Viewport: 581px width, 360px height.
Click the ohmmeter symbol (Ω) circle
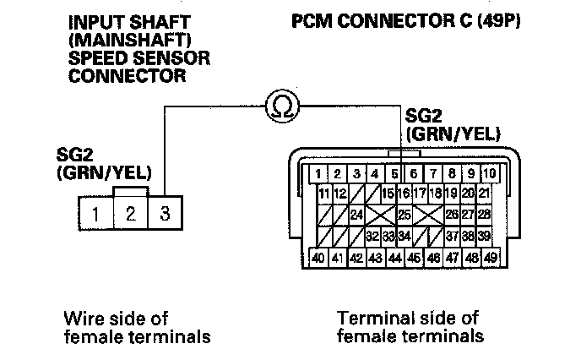(282, 106)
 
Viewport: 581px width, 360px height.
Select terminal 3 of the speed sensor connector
(166, 213)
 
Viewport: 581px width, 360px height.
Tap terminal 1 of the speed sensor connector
(95, 213)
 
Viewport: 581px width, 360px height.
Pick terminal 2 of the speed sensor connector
(131, 213)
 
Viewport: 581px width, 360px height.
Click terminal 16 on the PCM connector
(404, 194)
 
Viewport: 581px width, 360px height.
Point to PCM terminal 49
(491, 257)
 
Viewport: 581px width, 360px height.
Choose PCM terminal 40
(318, 257)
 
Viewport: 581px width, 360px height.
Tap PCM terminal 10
(490, 173)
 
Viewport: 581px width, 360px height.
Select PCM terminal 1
(318, 173)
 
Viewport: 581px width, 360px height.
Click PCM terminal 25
(405, 215)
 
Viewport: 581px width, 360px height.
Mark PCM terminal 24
(356, 215)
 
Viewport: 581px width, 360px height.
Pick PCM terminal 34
(405, 236)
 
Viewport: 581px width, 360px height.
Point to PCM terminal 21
(484, 194)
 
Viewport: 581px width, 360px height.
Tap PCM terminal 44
(395, 257)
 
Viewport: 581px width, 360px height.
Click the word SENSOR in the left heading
(171, 57)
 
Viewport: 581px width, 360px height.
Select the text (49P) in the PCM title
(499, 21)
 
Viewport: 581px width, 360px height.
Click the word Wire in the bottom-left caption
(82, 318)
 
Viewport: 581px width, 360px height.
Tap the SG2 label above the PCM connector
(424, 116)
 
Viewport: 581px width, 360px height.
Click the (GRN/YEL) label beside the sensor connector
(104, 172)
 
